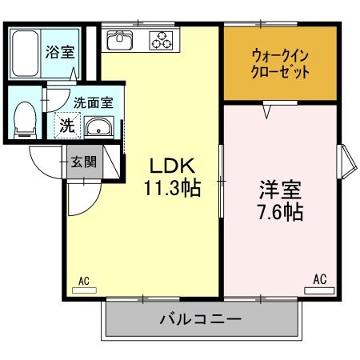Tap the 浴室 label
pyautogui.click(x=59, y=54)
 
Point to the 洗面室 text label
pyautogui.click(x=94, y=102)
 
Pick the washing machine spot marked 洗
pyautogui.click(x=67, y=126)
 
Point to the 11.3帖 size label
pyautogui.click(x=171, y=190)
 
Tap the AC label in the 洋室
pyautogui.click(x=319, y=279)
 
